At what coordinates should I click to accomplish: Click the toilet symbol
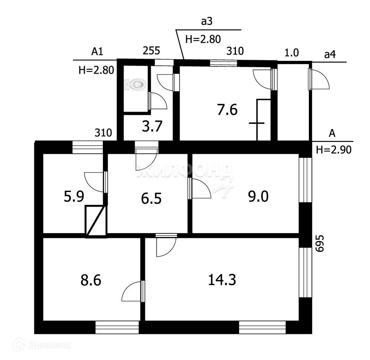click(136, 84)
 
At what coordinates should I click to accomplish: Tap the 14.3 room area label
click(222, 279)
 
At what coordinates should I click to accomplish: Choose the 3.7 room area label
click(152, 127)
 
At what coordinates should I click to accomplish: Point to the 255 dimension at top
click(152, 51)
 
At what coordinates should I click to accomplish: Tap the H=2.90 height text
click(334, 150)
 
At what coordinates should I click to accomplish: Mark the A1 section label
click(97, 52)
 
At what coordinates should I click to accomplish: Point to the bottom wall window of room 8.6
click(117, 327)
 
